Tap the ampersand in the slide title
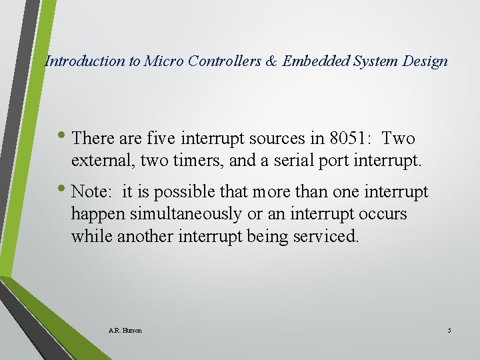[x=271, y=61]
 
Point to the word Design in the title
[x=426, y=61]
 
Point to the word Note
[x=90, y=192]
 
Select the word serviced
[x=327, y=236]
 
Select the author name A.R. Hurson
[x=125, y=331]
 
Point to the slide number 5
[x=449, y=331]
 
